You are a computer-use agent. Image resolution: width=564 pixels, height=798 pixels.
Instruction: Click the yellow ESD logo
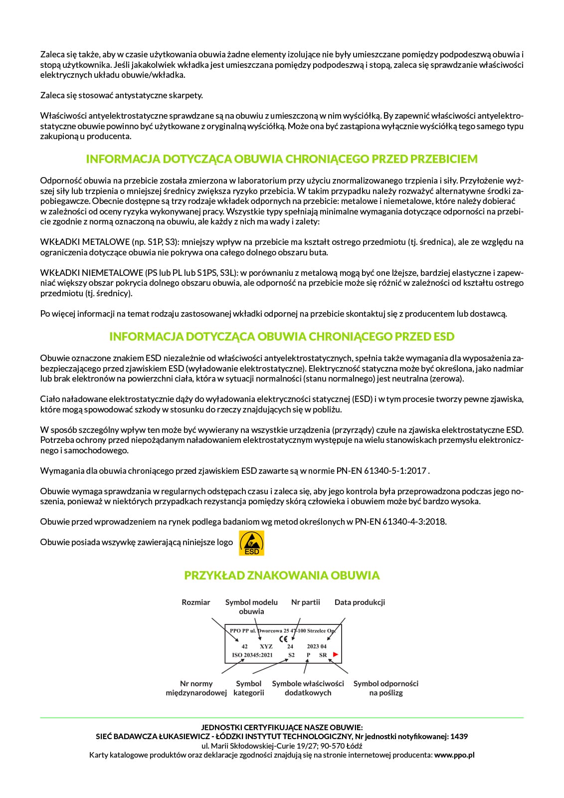tap(252, 543)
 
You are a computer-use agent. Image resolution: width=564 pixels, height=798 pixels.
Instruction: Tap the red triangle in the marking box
tap(336, 654)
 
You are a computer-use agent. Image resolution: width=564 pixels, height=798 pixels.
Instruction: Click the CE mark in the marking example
tap(283, 638)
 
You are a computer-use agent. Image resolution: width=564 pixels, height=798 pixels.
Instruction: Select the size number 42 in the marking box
tap(245, 646)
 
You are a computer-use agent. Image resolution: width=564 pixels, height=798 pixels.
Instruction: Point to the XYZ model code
tap(266, 646)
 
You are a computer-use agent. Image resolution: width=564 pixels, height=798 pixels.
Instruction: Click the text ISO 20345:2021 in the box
tap(252, 655)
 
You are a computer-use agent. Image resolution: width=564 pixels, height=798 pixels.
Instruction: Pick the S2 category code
tap(292, 655)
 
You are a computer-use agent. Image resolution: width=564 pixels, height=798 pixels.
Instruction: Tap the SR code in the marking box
tap(323, 655)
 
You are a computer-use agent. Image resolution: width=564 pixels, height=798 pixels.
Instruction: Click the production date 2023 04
tap(317, 646)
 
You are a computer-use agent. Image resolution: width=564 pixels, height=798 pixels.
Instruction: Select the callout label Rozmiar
tap(196, 602)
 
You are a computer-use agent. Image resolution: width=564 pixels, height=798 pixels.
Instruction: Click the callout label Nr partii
tap(306, 602)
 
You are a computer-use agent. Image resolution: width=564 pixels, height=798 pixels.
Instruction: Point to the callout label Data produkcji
tap(360, 602)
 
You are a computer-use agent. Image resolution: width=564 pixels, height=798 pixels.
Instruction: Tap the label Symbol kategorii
tap(249, 688)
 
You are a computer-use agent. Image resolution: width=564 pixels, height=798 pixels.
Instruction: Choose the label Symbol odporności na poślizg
tap(386, 688)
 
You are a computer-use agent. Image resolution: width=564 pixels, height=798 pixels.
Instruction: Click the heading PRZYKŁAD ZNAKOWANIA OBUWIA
tap(282, 576)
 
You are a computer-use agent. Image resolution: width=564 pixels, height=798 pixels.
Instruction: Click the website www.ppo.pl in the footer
tap(454, 755)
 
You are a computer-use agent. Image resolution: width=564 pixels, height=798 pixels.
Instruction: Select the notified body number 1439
tap(459, 737)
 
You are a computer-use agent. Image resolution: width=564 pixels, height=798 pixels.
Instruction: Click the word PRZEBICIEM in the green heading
tap(444, 159)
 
